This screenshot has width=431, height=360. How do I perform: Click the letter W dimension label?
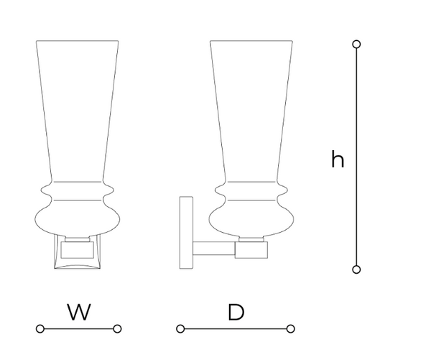pyautogui.click(x=78, y=312)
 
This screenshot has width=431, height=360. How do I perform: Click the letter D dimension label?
pyautogui.click(x=235, y=312)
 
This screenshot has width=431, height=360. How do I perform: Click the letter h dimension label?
pyautogui.click(x=338, y=160)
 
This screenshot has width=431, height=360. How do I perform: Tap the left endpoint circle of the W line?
pyautogui.click(x=40, y=329)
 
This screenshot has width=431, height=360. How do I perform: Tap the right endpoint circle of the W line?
pyautogui.click(x=117, y=329)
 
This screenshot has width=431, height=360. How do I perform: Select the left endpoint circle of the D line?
pyautogui.click(x=180, y=329)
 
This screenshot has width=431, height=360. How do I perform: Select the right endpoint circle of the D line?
pyautogui.click(x=290, y=329)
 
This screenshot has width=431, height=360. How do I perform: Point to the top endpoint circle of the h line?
pyautogui.click(x=357, y=45)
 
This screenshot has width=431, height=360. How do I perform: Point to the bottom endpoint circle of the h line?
pyautogui.click(x=357, y=269)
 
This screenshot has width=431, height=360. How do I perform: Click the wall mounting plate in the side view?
pyautogui.click(x=186, y=232)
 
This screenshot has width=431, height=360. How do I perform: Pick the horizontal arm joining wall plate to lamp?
pyautogui.click(x=214, y=250)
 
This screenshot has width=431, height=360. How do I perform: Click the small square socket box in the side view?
pyautogui.click(x=252, y=250)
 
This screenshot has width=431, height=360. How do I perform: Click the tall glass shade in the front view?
pyautogui.click(x=78, y=108)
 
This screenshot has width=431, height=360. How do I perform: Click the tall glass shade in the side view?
pyautogui.click(x=251, y=108)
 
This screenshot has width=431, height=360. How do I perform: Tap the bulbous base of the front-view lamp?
pyautogui.click(x=78, y=218)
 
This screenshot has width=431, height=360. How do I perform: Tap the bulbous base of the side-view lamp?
pyautogui.click(x=251, y=218)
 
